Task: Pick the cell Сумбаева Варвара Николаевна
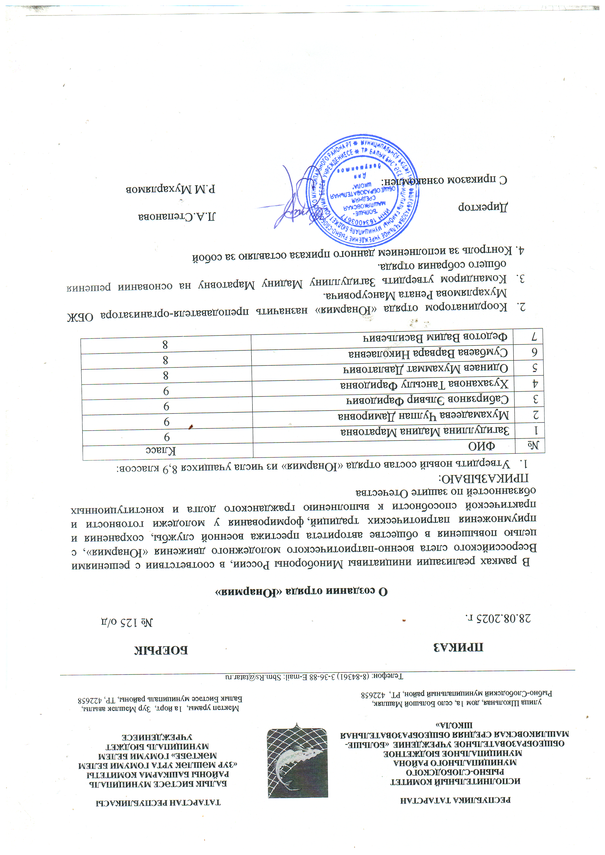click(428, 353)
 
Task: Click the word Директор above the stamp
click(483, 207)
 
